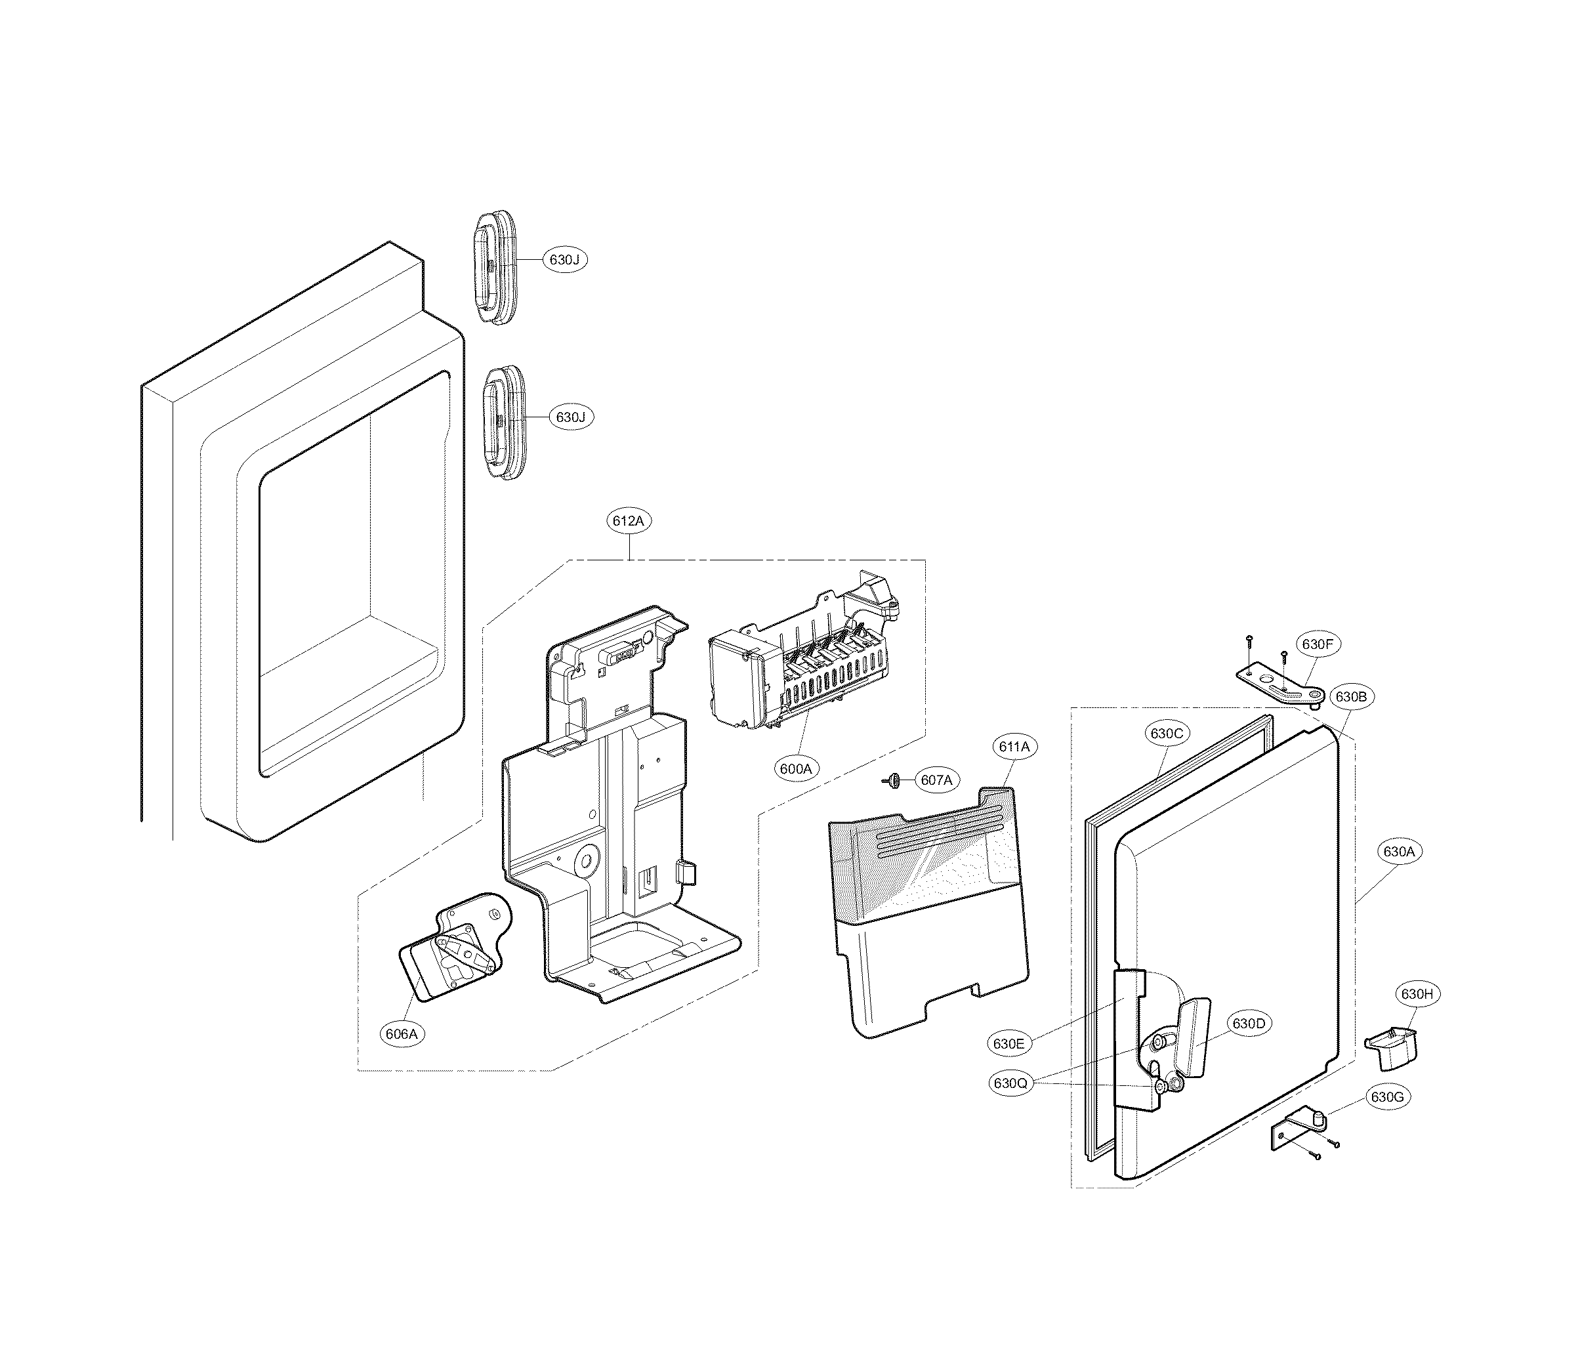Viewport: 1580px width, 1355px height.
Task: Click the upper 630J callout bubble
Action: [x=564, y=260]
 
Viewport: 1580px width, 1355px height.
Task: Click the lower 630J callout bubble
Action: [x=570, y=418]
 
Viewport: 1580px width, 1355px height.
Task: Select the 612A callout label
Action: [x=629, y=522]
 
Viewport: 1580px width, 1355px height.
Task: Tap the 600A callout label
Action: [x=795, y=770]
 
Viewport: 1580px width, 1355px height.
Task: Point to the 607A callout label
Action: [x=936, y=780]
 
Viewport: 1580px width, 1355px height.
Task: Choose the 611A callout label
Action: [x=1014, y=747]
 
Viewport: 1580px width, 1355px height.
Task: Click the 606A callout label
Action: [x=401, y=1034]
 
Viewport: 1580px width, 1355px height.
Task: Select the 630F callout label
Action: [x=1316, y=644]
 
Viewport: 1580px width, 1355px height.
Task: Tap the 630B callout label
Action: [x=1350, y=696]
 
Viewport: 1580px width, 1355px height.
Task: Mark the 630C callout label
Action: [x=1166, y=734]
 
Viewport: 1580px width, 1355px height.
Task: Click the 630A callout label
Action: [x=1398, y=852]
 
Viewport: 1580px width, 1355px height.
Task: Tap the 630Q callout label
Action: [x=1011, y=1083]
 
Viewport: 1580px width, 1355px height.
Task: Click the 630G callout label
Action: [x=1386, y=1097]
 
